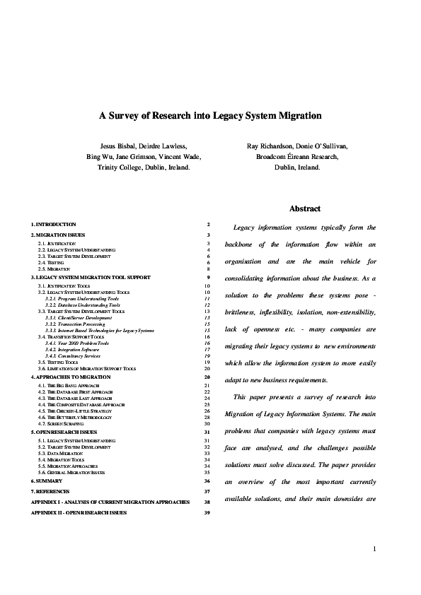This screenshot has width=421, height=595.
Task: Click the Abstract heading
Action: coord(305,208)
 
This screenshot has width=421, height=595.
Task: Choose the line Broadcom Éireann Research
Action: coord(297,157)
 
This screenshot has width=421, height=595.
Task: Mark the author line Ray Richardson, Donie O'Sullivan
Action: coord(297,146)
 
